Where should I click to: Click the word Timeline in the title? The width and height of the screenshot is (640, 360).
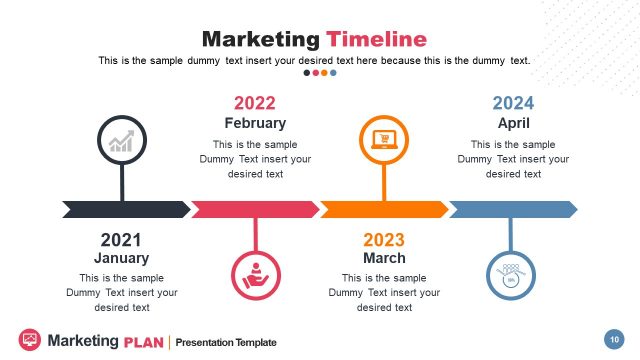pos(376,39)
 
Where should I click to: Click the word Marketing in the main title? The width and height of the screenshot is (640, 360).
pos(259,39)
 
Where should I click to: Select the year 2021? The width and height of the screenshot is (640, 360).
pos(121,240)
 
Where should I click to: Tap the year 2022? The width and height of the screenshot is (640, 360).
pos(255,103)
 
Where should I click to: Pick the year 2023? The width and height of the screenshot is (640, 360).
pos(384,240)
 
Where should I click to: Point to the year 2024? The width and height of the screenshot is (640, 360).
pos(513,103)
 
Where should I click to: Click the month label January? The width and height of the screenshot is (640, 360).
pos(121,259)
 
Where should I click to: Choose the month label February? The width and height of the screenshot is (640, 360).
pos(255,123)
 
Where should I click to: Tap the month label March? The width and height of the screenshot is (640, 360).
pos(384,259)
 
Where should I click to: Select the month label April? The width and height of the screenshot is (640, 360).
pos(513,123)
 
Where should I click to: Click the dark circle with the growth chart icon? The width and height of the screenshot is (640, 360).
pos(122,141)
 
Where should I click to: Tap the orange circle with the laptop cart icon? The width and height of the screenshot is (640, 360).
pos(384,141)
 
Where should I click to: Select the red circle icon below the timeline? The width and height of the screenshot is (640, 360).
pos(255,274)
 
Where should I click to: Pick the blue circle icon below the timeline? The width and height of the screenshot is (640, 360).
pos(512,274)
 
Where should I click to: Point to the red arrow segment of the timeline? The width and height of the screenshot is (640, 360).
pos(255,209)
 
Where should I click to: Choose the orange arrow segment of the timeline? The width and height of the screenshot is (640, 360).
pos(384,209)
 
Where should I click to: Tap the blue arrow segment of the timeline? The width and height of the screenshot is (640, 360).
pos(513,209)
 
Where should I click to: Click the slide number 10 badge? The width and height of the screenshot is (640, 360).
pos(614,339)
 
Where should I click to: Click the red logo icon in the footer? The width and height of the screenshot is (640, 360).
pos(30,340)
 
